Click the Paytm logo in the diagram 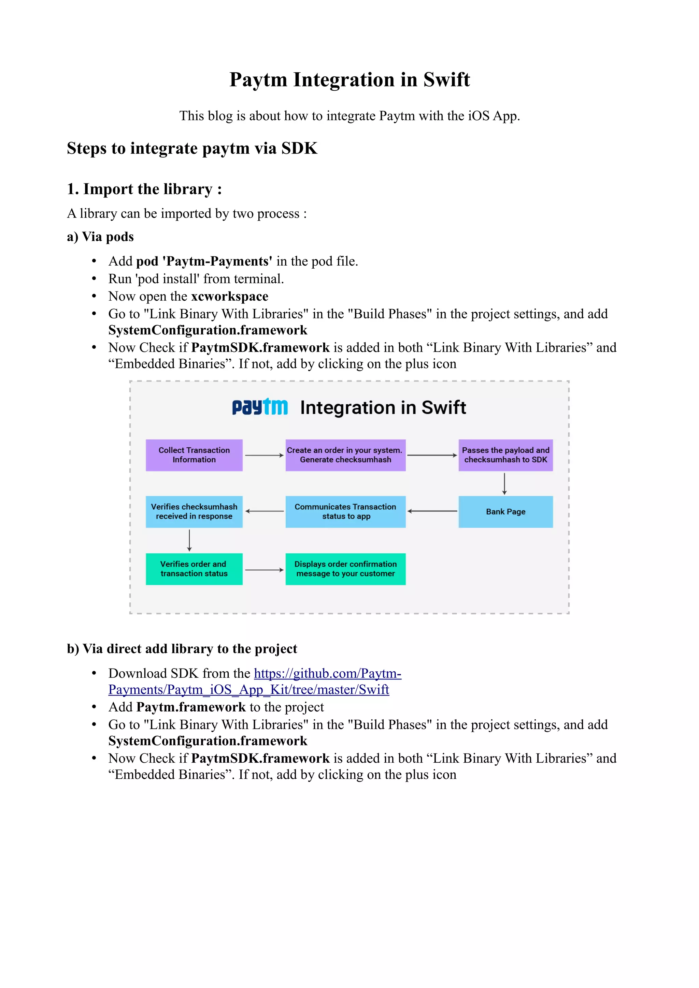point(260,407)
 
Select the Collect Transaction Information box point(194,455)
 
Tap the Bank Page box point(505,512)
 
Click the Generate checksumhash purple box point(345,455)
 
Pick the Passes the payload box point(505,455)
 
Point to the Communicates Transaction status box point(345,512)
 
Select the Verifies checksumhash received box point(194,512)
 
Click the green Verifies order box point(194,569)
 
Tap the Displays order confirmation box point(345,569)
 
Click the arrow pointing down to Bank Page point(504,484)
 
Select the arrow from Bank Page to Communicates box point(432,511)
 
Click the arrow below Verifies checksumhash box point(189,540)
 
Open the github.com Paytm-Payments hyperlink point(327,673)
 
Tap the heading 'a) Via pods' point(100,237)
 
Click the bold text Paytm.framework point(191,707)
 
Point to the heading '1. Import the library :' point(144,189)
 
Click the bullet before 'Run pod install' point(94,279)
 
